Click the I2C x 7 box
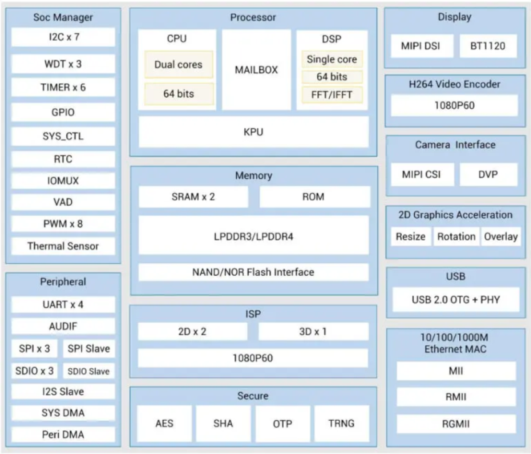click(x=63, y=37)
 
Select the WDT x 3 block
click(x=63, y=64)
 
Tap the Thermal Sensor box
click(x=63, y=246)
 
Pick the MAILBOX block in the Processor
click(x=256, y=69)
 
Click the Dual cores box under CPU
click(x=178, y=64)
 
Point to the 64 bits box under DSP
click(x=331, y=77)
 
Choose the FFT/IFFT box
click(x=331, y=94)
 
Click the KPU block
click(x=253, y=132)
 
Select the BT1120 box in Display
click(x=488, y=46)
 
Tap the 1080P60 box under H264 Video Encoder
click(x=454, y=106)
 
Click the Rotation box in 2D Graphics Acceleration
click(x=455, y=236)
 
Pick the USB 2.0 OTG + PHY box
click(x=455, y=300)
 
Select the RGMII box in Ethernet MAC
click(x=456, y=423)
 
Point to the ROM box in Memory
click(x=313, y=196)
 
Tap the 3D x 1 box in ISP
click(x=312, y=331)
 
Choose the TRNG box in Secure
click(x=341, y=423)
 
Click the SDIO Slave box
click(x=89, y=371)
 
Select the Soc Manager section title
click(x=63, y=17)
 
